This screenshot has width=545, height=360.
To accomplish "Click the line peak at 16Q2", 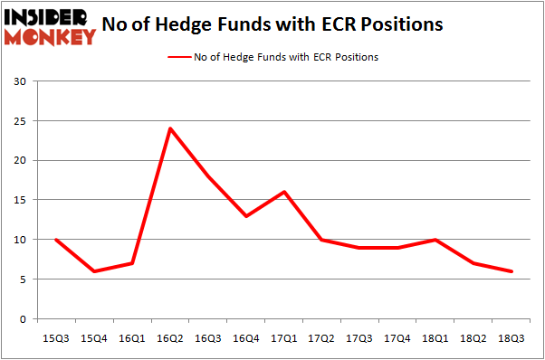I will click(169, 128).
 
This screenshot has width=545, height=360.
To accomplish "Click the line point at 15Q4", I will click(93, 271).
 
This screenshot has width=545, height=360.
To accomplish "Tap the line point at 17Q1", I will click(284, 192).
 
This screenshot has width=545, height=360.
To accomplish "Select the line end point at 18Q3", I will click(512, 271).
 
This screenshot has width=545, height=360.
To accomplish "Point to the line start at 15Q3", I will click(55, 240).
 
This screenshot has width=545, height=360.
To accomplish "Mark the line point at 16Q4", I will click(246, 216).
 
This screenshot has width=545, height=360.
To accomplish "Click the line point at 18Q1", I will click(436, 240).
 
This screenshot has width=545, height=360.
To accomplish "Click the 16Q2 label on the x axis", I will click(169, 337).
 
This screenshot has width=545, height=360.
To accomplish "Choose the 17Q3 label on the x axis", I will click(360, 337).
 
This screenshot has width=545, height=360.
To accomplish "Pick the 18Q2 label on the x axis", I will click(474, 337).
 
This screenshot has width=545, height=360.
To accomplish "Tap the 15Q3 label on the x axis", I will click(55, 337).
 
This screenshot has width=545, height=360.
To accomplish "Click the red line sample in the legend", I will click(178, 57).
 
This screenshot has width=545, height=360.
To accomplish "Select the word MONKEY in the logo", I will click(50, 36).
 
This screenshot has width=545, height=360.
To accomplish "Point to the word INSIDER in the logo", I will click(45, 15).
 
